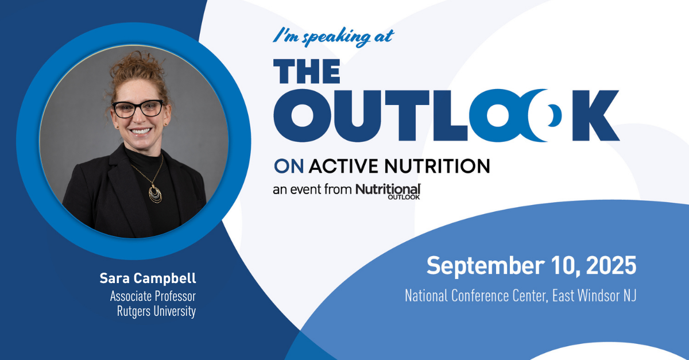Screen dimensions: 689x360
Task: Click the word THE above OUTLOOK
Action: click(307, 71)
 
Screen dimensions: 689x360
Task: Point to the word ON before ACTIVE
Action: click(289, 167)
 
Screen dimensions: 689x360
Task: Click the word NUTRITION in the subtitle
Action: click(437, 167)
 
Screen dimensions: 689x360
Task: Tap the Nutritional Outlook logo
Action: click(388, 191)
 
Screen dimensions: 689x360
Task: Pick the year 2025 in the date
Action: click(611, 265)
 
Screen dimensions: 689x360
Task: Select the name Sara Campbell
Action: click(148, 278)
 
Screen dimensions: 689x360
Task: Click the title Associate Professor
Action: click(153, 296)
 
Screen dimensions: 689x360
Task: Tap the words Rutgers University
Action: click(156, 311)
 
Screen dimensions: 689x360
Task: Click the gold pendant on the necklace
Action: click(156, 194)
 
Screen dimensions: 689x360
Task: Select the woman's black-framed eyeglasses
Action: click(138, 109)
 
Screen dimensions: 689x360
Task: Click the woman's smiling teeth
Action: click(141, 131)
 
